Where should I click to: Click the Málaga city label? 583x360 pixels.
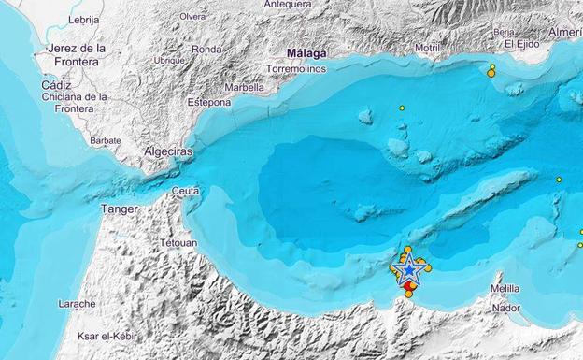click(306, 54)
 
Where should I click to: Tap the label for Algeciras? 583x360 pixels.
click(168, 151)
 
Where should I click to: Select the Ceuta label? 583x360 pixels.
click(185, 192)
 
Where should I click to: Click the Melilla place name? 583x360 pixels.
click(505, 289)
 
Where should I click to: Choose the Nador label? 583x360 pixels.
click(505, 307)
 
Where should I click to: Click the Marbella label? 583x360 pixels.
click(244, 88)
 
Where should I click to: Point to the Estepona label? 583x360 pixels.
click(208, 102)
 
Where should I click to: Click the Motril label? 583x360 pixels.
click(428, 47)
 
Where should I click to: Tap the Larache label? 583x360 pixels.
click(77, 303)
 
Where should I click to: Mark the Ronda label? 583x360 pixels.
click(206, 49)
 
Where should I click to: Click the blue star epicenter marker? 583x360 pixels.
click(409, 269)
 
